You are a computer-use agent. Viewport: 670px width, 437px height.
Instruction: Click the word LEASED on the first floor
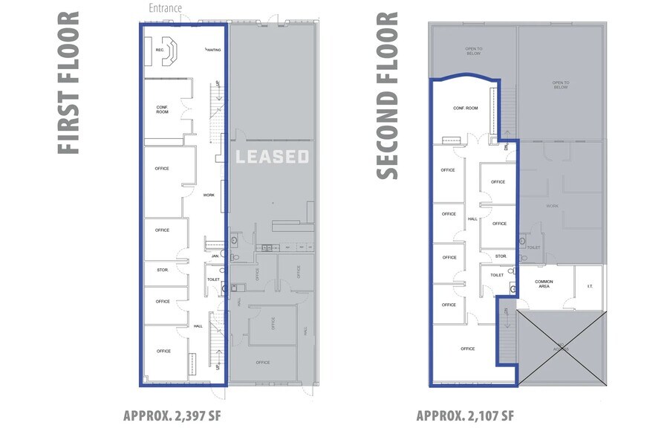tap(272, 157)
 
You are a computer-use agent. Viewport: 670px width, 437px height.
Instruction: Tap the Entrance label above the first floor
tap(166, 9)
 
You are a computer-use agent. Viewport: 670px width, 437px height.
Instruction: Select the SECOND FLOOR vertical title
tap(388, 94)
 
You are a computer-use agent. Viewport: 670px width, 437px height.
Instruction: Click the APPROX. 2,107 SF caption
tap(465, 415)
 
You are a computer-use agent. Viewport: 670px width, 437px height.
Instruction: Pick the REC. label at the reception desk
tap(160, 50)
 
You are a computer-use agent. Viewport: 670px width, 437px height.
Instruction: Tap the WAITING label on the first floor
tap(213, 50)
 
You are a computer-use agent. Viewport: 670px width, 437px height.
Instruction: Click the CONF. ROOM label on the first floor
tap(162, 109)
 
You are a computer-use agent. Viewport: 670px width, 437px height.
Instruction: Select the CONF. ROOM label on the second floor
tap(465, 108)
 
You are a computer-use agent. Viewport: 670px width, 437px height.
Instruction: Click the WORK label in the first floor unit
tap(209, 195)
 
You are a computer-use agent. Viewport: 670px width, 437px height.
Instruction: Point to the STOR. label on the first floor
tap(162, 270)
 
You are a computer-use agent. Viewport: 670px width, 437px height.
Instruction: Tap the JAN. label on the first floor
tap(215, 256)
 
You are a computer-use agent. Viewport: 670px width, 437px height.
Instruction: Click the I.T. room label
tap(590, 286)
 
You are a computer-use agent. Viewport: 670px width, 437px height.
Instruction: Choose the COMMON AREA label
tap(544, 284)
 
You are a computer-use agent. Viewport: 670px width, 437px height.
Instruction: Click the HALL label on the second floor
tap(472, 219)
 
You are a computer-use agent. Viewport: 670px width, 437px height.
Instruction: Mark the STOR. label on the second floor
tap(501, 256)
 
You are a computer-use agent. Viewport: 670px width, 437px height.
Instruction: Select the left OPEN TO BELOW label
tap(474, 51)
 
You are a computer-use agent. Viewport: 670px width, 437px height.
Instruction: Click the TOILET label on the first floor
tap(213, 279)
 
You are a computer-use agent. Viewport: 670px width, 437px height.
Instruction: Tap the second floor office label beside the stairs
tap(467, 349)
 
